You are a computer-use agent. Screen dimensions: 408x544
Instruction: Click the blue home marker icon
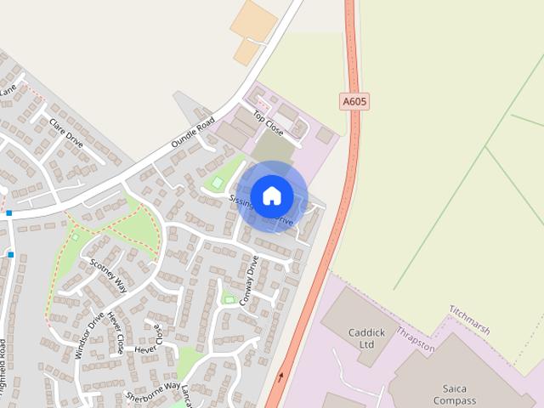click(x=271, y=195)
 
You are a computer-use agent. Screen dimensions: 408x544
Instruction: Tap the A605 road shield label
click(x=354, y=101)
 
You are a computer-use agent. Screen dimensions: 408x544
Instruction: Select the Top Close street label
click(x=268, y=124)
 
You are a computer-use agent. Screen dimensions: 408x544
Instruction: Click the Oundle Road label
click(x=194, y=134)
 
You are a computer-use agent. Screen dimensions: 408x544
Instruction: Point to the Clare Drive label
click(x=65, y=133)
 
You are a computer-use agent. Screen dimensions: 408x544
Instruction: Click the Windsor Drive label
click(x=89, y=336)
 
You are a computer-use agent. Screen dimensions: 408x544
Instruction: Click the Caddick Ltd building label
click(x=361, y=338)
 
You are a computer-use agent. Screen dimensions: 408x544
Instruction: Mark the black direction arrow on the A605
click(x=281, y=376)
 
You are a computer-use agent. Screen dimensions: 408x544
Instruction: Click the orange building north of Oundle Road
click(x=254, y=32)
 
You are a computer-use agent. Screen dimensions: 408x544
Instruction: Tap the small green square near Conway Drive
click(x=228, y=298)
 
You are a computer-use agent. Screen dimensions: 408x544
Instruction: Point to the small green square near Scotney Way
click(x=75, y=236)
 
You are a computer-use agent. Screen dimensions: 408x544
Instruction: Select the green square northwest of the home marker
click(x=217, y=182)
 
